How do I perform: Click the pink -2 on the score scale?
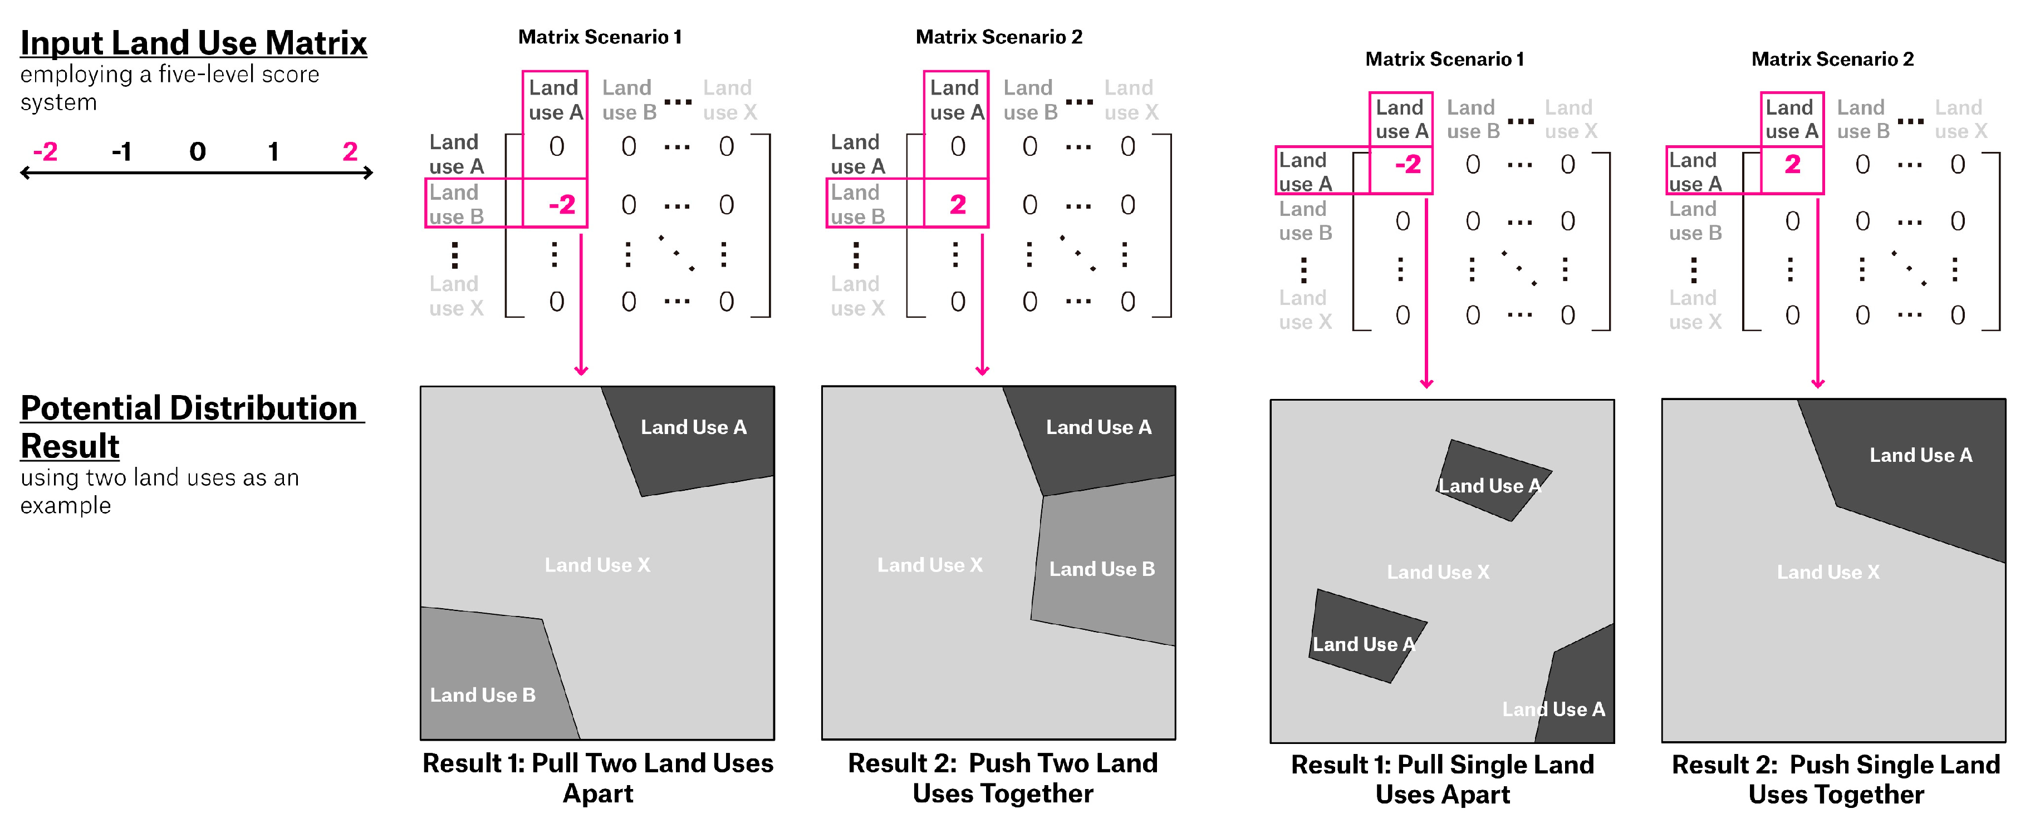[x=45, y=151]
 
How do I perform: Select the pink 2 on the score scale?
[x=350, y=151]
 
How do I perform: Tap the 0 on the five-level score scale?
[x=198, y=151]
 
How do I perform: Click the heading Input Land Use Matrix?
[x=194, y=43]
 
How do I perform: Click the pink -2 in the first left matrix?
[x=562, y=205]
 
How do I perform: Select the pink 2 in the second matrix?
[x=958, y=205]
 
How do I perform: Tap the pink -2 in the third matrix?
[x=1408, y=164]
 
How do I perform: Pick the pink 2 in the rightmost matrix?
[x=1792, y=164]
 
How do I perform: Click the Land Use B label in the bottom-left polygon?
[x=482, y=695]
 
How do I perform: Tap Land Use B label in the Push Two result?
[x=1101, y=569]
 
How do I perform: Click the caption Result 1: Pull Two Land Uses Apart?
[x=597, y=778]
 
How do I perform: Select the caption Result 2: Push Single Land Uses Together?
[x=1835, y=779]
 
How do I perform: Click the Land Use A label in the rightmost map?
[x=1920, y=455]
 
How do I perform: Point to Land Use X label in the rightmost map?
[x=1828, y=572]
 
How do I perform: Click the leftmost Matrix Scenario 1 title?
[x=600, y=37]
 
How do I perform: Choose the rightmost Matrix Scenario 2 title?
[x=1832, y=59]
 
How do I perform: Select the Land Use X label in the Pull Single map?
[x=1438, y=572]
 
